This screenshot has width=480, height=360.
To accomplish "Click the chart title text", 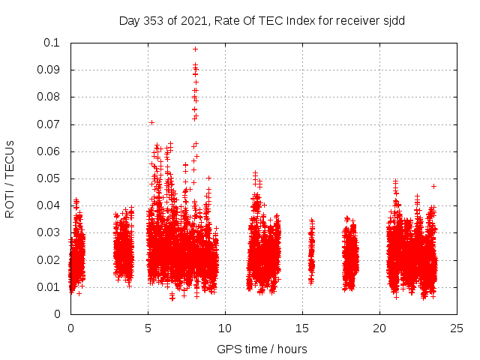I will (x=262, y=21).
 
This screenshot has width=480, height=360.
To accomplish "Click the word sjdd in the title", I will (x=393, y=21).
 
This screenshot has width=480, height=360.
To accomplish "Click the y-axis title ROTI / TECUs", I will (x=10, y=178).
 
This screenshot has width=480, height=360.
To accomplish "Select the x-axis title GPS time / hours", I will (x=262, y=349).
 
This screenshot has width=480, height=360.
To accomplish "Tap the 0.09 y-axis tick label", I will (x=49, y=70).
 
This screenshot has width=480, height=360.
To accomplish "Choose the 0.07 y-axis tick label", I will (x=49, y=124).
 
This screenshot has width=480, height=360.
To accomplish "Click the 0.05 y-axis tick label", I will (x=49, y=178).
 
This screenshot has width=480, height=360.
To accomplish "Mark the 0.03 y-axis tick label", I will (x=49, y=233).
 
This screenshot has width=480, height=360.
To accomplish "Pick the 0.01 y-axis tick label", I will (x=49, y=287).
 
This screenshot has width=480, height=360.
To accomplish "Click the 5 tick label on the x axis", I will (x=148, y=328).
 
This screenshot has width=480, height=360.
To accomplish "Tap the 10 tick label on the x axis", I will (x=225, y=328).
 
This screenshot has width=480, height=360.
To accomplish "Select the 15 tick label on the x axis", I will (x=302, y=328).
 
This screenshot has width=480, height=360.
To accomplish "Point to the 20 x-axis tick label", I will (x=379, y=328).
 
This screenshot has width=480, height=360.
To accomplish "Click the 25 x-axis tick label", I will (x=457, y=328).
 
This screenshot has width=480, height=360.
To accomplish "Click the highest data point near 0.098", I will (x=195, y=49).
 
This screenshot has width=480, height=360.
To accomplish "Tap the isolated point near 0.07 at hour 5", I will (x=151, y=122).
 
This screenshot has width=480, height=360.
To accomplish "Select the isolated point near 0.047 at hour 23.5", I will (x=433, y=186).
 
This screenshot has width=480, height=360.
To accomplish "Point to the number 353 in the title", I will (x=154, y=21).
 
